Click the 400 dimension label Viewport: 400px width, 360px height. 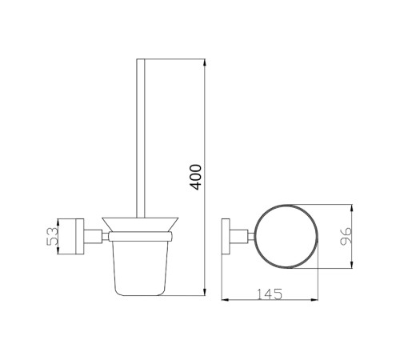coord(197,177)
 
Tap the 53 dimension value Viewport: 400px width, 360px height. coord(52,236)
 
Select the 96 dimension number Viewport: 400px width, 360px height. coord(346,236)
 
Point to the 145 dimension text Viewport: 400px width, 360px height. coord(270,294)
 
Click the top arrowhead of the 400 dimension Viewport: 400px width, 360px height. coord(205,62)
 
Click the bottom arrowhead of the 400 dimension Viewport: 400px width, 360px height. coord(205,292)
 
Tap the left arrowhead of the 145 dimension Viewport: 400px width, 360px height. coord(226,300)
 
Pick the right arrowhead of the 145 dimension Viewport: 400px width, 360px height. coord(314,300)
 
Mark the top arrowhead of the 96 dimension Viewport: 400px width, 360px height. coord(352,208)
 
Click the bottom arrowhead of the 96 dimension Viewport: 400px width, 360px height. coord(352,265)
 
